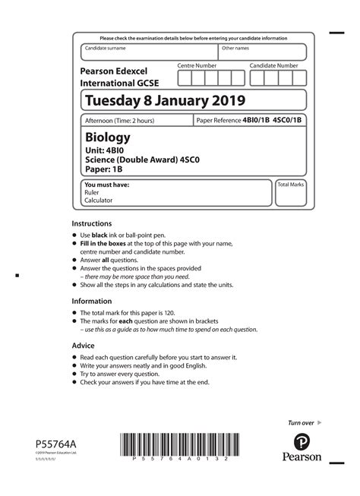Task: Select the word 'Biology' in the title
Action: coord(107,137)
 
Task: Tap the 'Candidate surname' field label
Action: coord(106,48)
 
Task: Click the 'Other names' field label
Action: coord(235,48)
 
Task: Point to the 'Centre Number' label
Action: coord(197,66)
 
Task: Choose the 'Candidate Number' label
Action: coord(273,66)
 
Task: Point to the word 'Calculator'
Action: coord(99,201)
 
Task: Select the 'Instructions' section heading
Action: coord(92,224)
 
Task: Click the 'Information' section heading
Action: coord(92,301)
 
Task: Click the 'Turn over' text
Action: coord(301,422)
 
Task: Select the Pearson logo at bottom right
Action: coord(302,447)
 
